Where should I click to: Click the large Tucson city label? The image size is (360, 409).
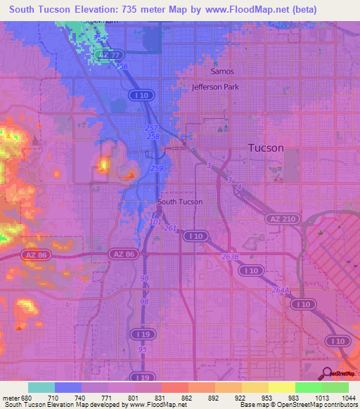click(266, 148)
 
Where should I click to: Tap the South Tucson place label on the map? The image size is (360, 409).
click(180, 202)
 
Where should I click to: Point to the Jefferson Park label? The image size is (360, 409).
click(216, 87)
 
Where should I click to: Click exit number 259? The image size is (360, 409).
click(157, 169)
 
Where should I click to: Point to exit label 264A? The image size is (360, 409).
click(280, 289)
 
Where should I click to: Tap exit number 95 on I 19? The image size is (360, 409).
click(143, 349)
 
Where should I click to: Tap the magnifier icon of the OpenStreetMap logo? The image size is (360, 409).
click(326, 373)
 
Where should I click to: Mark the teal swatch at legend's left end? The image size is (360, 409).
click(41, 387)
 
